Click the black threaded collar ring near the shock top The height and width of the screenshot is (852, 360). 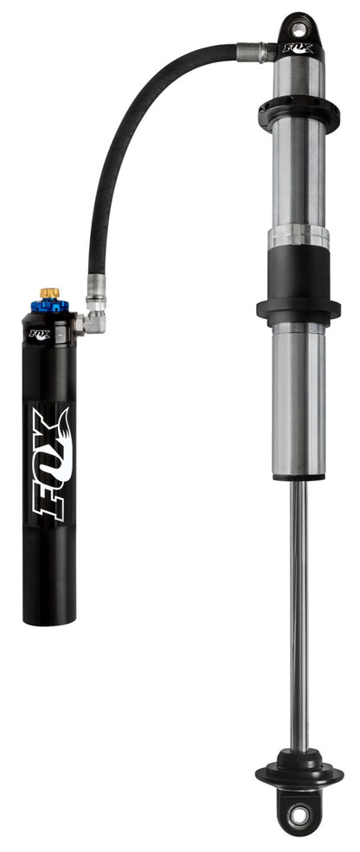coord(299,112)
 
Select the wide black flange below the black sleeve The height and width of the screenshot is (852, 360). coord(299,309)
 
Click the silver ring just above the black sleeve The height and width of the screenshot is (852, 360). coord(299,236)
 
